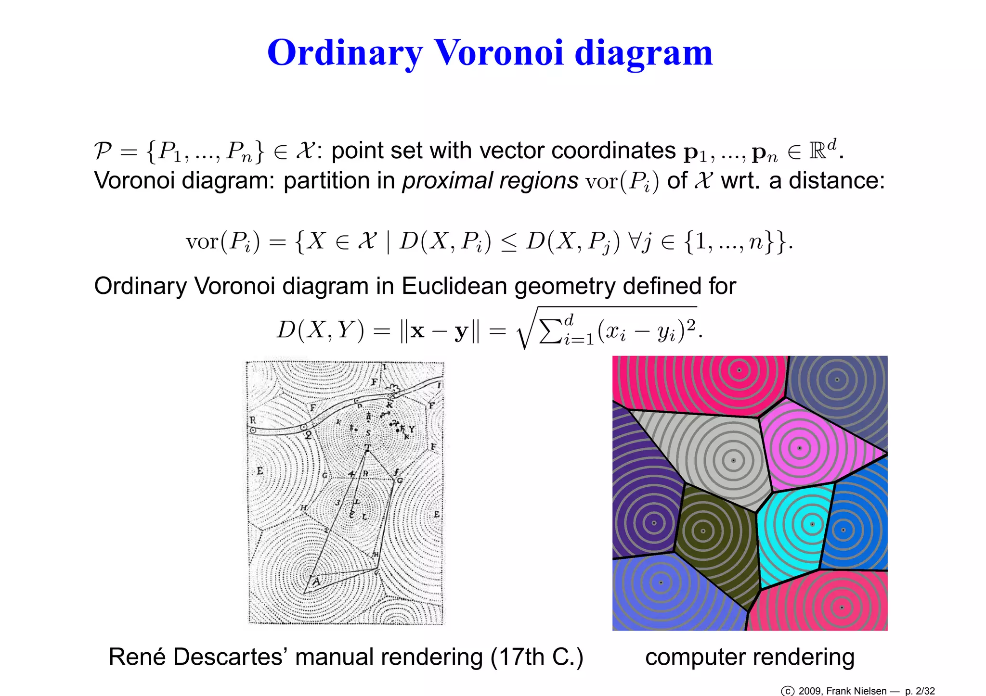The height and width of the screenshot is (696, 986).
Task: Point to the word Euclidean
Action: pos(456,286)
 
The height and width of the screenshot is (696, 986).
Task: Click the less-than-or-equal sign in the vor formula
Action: pos(508,242)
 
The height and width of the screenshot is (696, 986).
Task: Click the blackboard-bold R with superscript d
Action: pos(822,150)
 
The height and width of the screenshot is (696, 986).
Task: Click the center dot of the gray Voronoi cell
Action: pos(733,460)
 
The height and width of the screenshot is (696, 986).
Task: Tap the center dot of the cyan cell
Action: pos(813,524)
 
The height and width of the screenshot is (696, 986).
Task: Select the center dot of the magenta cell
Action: pos(800,448)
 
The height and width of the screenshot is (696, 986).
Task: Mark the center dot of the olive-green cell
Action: pos(703,531)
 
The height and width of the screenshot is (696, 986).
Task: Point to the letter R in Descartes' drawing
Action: pos(253,420)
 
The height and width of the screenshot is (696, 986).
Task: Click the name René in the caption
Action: pos(136,657)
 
